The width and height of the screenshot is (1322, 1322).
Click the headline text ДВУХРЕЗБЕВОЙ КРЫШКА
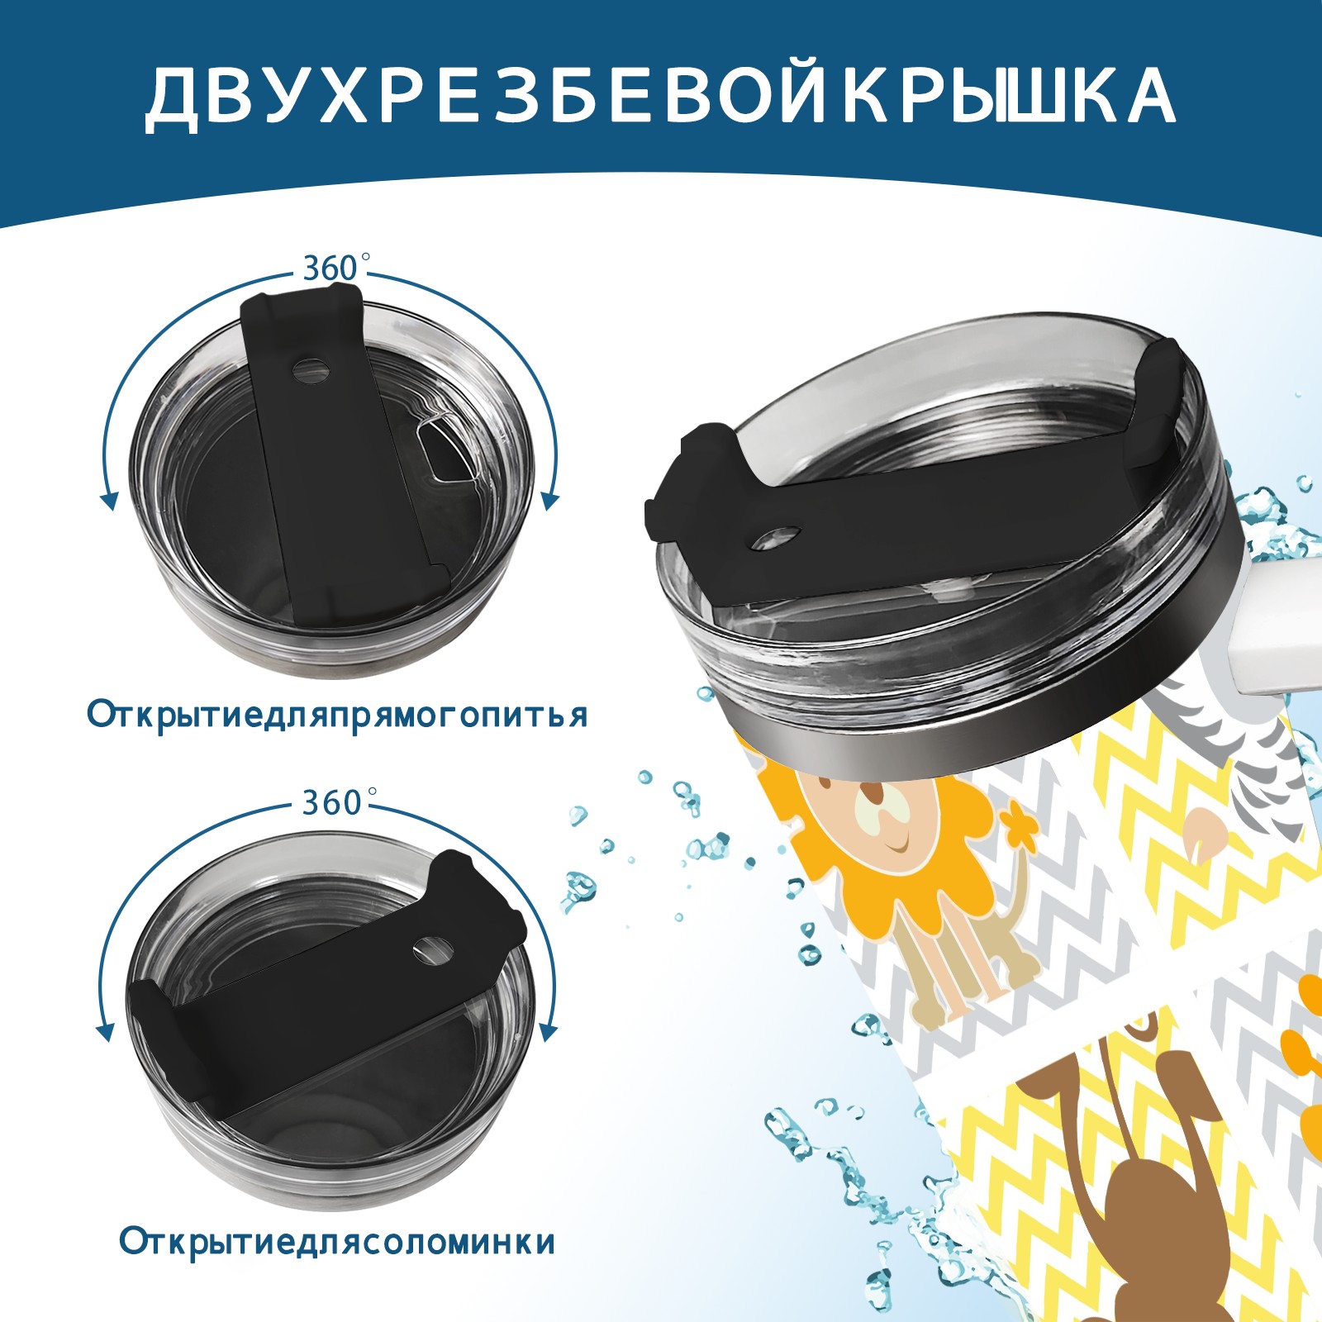(660, 97)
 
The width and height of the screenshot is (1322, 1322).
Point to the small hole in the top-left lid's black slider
(311, 369)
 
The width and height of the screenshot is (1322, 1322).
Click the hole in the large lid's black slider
(778, 538)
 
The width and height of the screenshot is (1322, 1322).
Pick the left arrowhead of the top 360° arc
(107, 501)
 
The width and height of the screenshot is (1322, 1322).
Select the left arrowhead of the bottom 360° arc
(105, 1033)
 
